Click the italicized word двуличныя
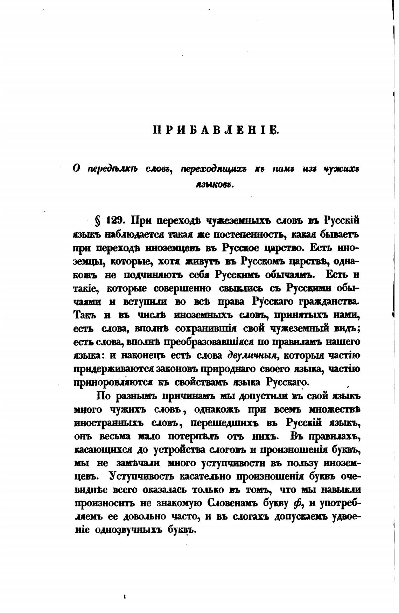pyautogui.click(x=252, y=356)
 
